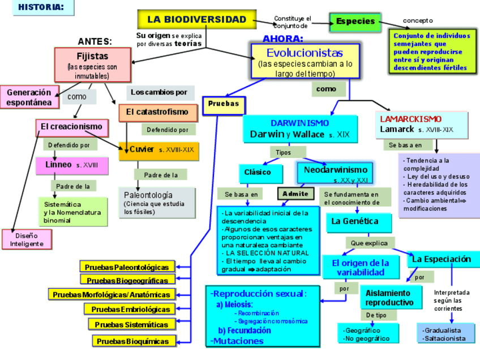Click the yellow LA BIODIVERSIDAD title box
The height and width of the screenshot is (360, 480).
point(196,19)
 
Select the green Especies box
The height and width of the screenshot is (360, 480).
point(355,22)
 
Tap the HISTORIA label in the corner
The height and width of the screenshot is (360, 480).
point(38,7)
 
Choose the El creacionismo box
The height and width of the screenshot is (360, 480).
point(71,126)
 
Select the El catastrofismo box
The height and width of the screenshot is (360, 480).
point(158,112)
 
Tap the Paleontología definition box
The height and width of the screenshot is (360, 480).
point(157,203)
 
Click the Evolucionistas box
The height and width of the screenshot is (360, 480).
point(305,61)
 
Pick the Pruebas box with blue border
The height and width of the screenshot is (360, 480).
point(224,105)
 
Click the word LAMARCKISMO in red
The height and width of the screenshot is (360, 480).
point(410,119)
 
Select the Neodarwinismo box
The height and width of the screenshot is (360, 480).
point(335,173)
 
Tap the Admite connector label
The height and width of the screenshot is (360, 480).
point(295,194)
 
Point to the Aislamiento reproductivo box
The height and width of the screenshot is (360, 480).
point(391,297)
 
